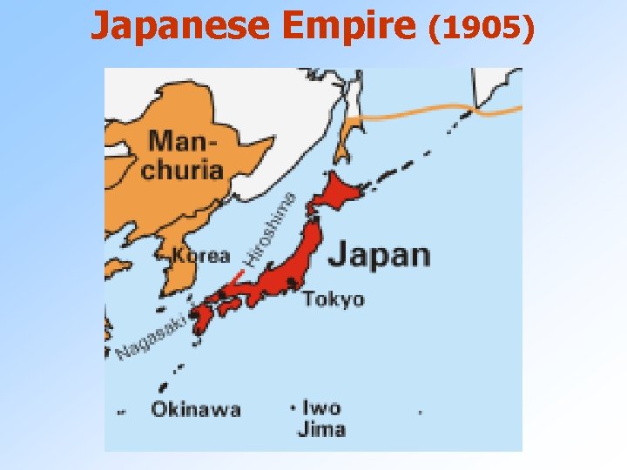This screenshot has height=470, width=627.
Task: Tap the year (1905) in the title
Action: pos(482,28)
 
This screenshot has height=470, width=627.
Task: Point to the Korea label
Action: pos(200,256)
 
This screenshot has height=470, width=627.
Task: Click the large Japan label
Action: pos(380,254)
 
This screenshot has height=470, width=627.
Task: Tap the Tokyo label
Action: pos(334,299)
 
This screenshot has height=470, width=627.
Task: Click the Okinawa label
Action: pos(196,409)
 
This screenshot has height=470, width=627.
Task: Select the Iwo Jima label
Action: pos(321,418)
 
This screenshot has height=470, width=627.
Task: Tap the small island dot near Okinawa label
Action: pos(162,388)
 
